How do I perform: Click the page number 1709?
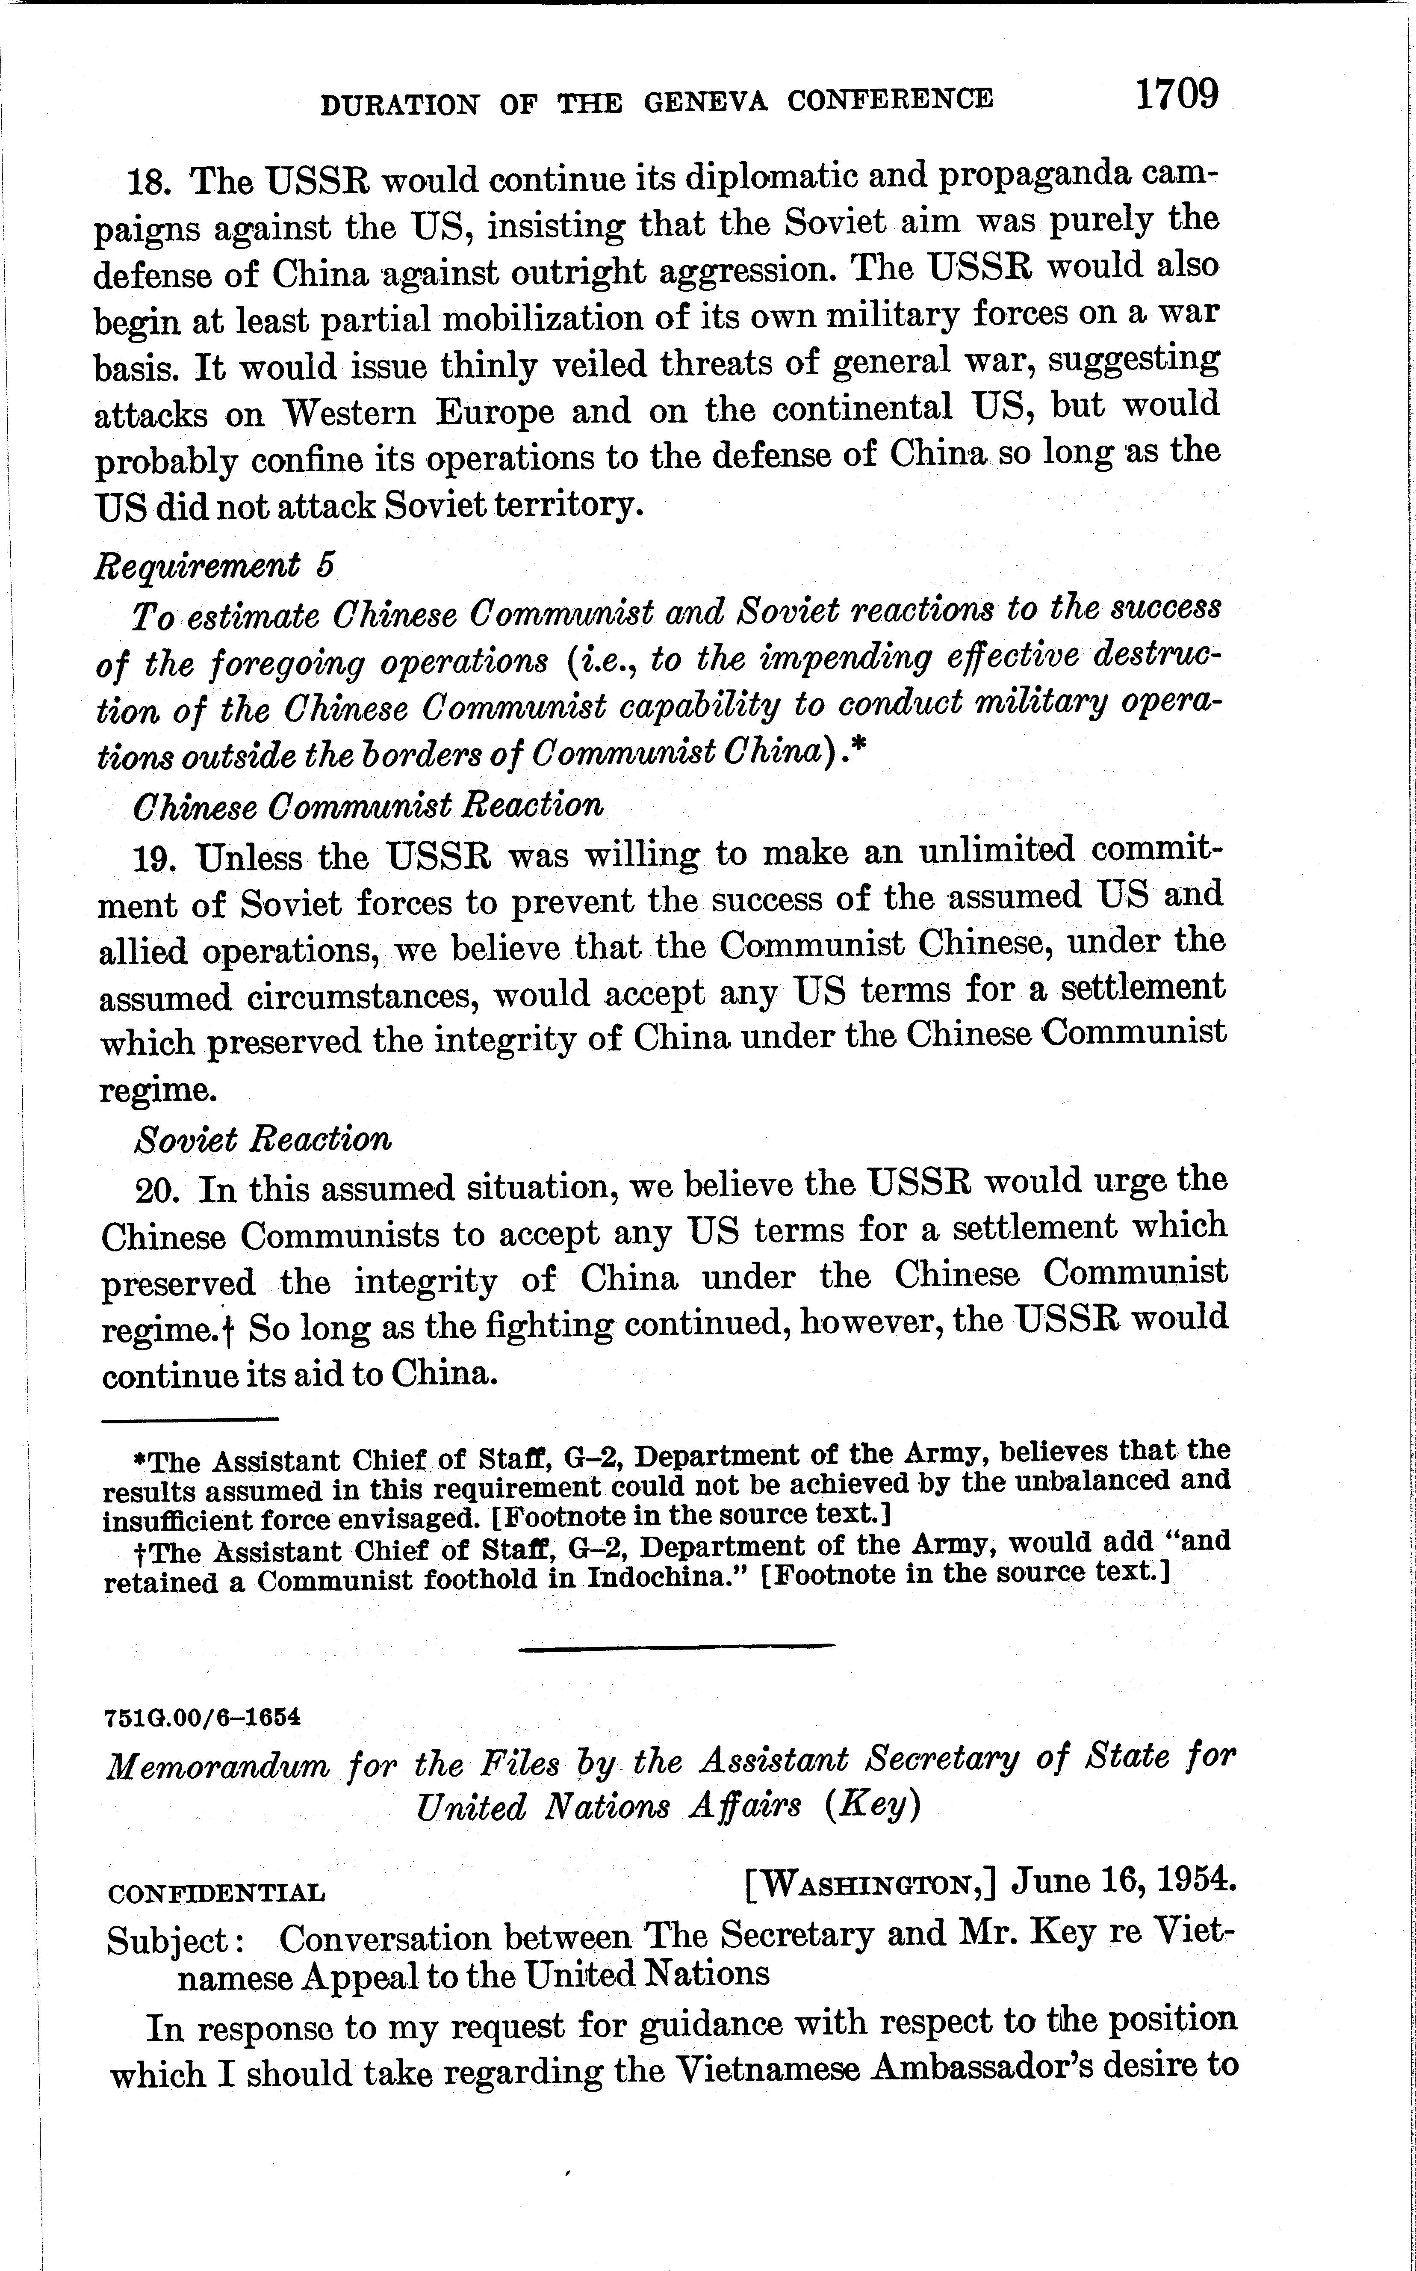coord(1177,95)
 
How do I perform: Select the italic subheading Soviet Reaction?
coord(263,1138)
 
